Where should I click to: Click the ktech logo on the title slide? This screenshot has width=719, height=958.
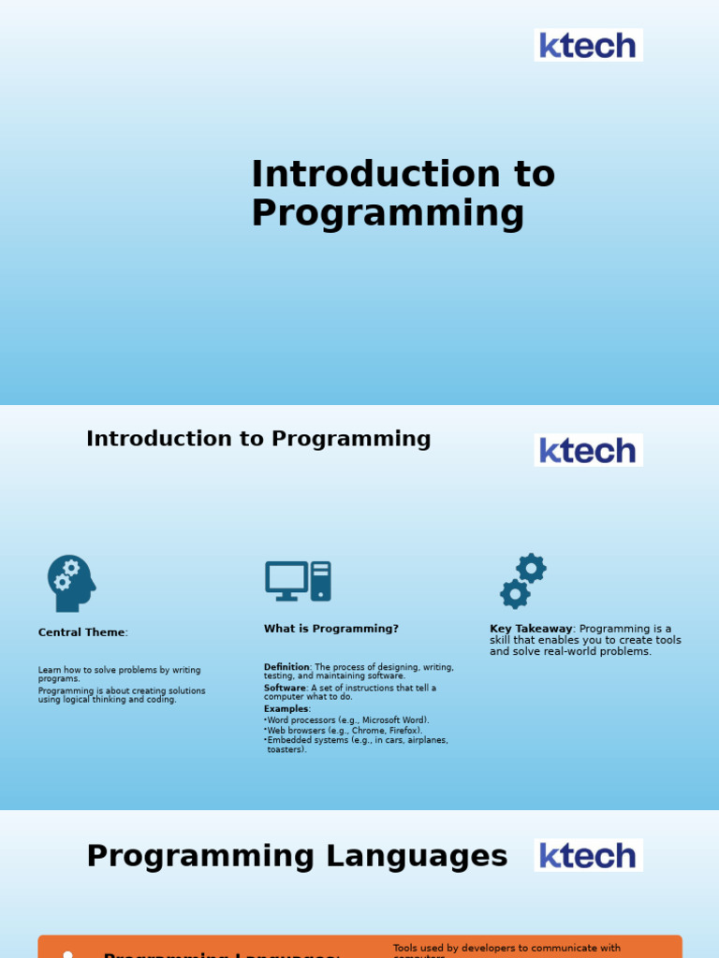coord(588,45)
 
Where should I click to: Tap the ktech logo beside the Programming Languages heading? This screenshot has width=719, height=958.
coord(588,855)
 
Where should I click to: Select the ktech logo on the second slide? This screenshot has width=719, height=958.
coord(588,450)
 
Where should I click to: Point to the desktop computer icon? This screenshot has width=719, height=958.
coord(298,581)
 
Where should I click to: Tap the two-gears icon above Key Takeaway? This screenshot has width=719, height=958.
coord(523,581)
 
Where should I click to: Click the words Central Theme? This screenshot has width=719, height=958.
coord(81,632)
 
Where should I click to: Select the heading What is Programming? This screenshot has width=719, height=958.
coord(331,629)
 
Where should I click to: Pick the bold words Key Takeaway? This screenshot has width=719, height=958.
coord(530,629)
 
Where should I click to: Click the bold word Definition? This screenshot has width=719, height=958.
coord(286,667)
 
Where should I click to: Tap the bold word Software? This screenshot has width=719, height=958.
coord(285,688)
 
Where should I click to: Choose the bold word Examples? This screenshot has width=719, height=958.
coord(286,709)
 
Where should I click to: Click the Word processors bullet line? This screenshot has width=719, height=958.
coord(348,720)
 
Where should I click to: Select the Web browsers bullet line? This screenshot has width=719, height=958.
coord(345,731)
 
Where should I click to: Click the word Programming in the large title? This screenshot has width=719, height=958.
coord(388,213)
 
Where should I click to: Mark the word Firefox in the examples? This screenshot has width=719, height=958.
coord(404,731)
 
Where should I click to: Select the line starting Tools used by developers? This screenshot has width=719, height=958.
coord(506,948)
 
